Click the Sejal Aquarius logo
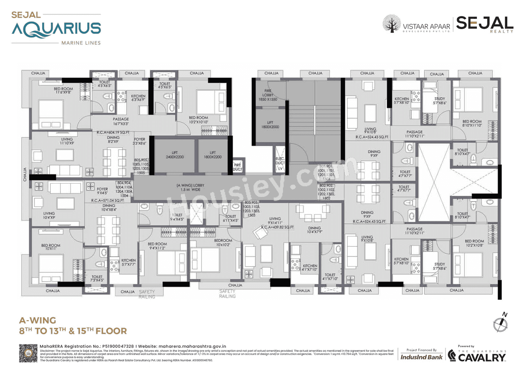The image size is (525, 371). point(56,28)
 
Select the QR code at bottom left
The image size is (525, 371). point(28,353)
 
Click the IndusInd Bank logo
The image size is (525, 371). point(421,357)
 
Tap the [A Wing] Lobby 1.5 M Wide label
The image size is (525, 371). point(190,188)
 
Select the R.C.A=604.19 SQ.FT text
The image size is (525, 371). point(113,132)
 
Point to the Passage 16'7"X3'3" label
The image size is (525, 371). point(121,121)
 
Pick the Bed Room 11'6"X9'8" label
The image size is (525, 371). point(63,91)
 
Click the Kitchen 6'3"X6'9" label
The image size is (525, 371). point(138,98)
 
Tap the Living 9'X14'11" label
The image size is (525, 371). point(274,221)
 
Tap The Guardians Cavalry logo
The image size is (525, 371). point(477,355)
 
